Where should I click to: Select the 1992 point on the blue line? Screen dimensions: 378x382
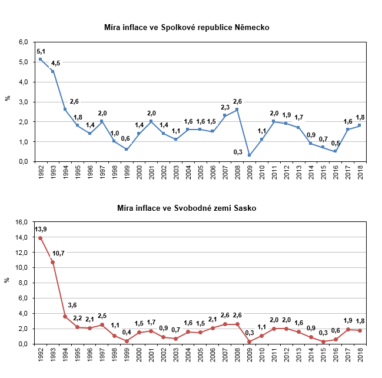point(40,59)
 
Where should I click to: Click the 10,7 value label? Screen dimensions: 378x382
point(58,253)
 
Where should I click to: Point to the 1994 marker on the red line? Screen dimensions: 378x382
point(65,316)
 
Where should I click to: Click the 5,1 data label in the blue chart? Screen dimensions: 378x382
point(41,51)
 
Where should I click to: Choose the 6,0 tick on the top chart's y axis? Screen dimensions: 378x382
point(24,42)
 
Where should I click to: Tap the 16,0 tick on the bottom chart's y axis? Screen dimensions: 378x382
point(22,222)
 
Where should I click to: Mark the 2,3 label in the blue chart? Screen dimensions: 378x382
point(225,107)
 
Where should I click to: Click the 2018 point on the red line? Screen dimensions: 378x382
point(360,330)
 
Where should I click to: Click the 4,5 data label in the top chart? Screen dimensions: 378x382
point(56,63)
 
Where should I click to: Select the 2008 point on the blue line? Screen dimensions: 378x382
point(237,110)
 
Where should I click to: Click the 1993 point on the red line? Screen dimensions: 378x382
point(52,262)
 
